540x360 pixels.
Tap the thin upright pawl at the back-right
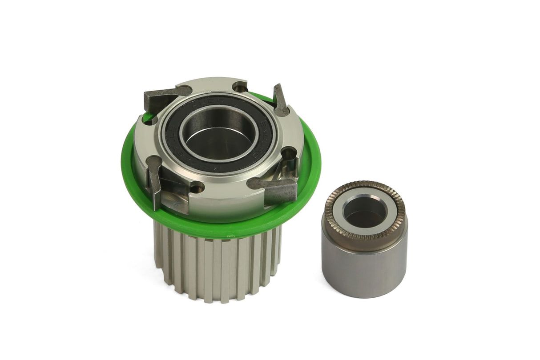[280, 100]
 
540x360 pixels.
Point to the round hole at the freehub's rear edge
[240, 87]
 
